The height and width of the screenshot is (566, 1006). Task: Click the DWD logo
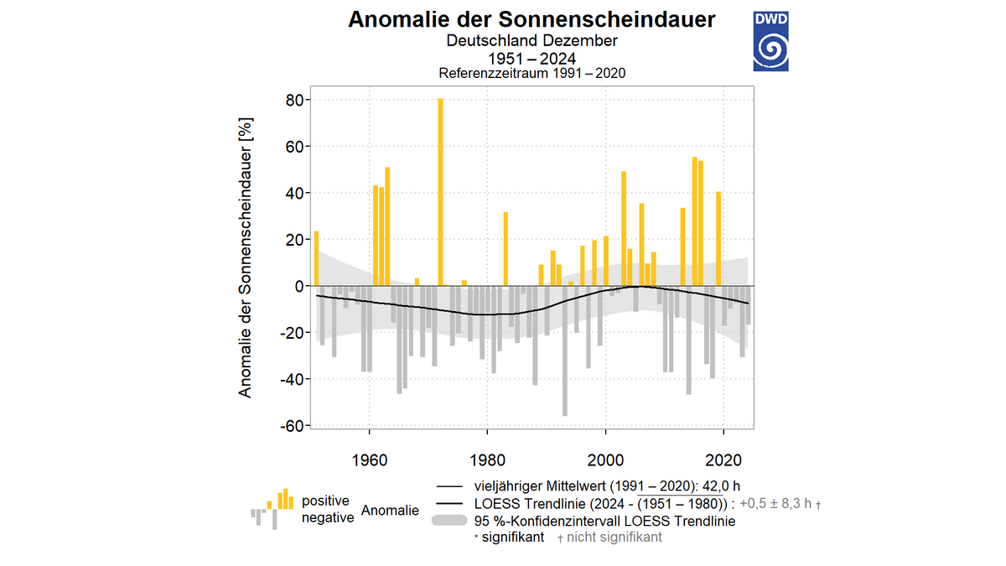coord(770,40)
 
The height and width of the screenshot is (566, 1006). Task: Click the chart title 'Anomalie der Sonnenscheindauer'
coord(532,19)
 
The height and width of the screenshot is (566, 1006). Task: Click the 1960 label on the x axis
coord(369,460)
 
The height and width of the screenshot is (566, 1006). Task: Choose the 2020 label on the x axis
coord(723,460)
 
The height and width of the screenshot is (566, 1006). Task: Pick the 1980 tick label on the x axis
coord(487,460)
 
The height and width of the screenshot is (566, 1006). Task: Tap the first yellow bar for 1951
coord(316,258)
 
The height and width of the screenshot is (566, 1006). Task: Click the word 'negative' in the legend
coord(328,517)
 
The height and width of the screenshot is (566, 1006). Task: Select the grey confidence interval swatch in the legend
coord(449,521)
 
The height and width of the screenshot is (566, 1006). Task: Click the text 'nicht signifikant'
coord(614,537)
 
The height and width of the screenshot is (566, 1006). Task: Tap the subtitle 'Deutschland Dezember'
coord(532,41)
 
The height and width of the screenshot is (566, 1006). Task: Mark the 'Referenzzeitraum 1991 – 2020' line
coord(532,74)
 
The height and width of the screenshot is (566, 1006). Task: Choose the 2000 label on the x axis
coord(605,460)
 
